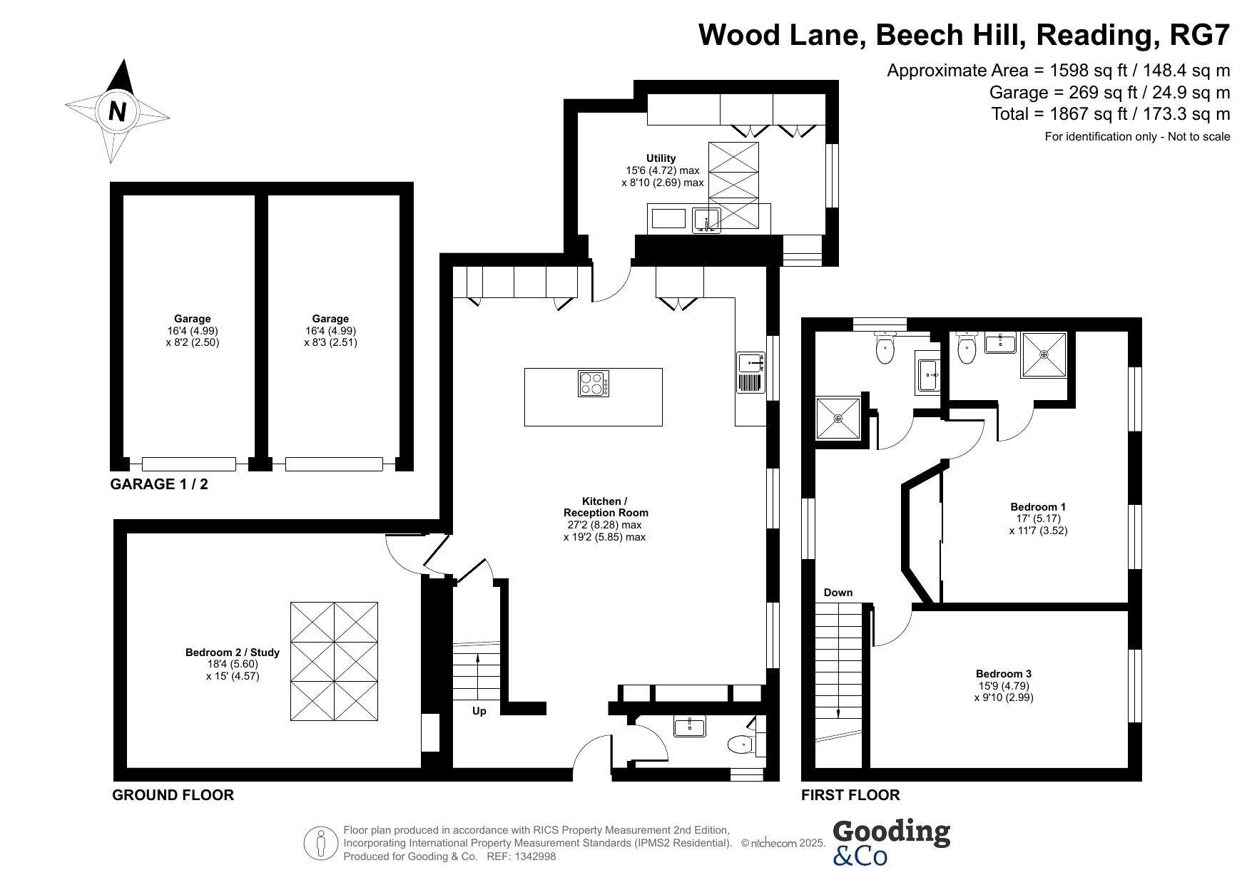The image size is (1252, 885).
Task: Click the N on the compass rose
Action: pos(118,111)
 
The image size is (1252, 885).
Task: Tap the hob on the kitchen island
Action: pos(594,384)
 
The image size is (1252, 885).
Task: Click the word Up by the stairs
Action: pos(479,711)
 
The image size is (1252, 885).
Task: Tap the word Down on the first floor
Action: pos(838,593)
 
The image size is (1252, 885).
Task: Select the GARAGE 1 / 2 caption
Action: pos(159,484)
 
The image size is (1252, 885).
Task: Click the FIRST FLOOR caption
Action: pos(850,795)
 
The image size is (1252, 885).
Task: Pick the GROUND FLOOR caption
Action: pos(173,795)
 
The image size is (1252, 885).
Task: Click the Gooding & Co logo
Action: pos(891,842)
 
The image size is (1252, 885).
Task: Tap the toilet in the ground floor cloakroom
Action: pos(743,745)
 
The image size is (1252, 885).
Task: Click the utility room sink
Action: pos(706,220)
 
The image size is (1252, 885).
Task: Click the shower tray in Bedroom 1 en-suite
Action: pos(1044,354)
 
